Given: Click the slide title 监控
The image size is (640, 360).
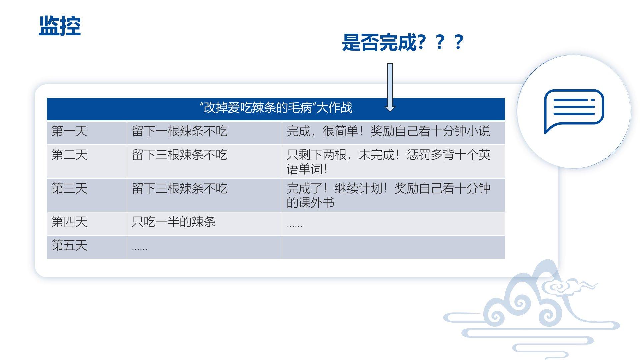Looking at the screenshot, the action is click(60, 26).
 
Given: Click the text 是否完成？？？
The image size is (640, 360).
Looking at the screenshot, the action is click(403, 42).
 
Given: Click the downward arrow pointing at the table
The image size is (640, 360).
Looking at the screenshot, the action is click(390, 87).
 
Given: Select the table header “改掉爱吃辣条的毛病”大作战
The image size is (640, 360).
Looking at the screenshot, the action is click(276, 108).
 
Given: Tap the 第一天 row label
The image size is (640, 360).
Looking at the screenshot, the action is click(69, 131).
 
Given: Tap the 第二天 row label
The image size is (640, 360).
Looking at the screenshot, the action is click(69, 155).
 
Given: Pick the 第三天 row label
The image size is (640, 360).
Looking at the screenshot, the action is click(69, 188).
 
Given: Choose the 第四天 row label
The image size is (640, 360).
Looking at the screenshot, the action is click(69, 222).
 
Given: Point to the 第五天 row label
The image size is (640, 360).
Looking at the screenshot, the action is click(69, 245).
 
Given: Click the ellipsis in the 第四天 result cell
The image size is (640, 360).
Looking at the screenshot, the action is click(295, 226).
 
